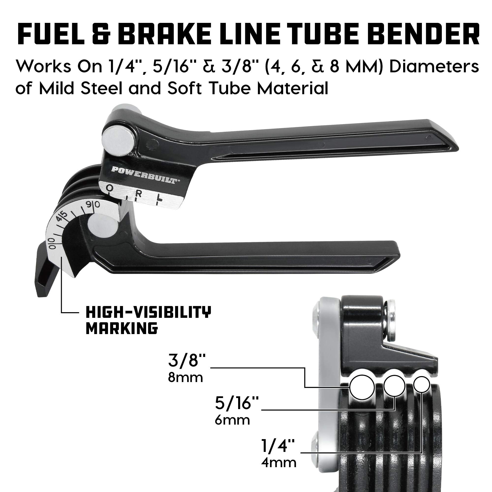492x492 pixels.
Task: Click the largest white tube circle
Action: point(362,388)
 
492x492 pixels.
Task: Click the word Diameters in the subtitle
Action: point(434,67)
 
